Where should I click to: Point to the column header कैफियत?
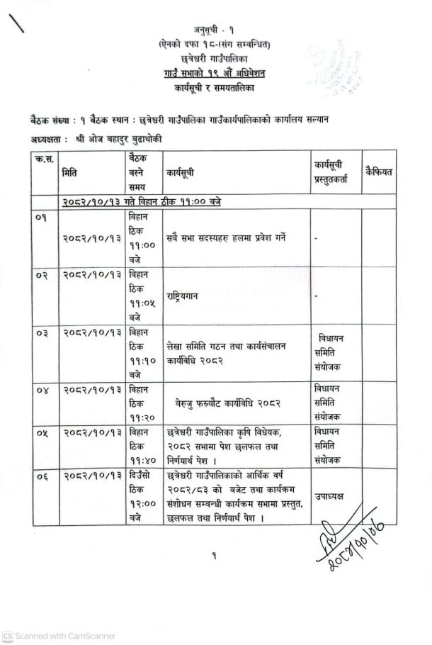pos(379,172)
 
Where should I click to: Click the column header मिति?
pos(70,172)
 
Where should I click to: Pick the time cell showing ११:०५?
pos(143,296)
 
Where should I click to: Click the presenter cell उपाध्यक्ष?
pos(330,497)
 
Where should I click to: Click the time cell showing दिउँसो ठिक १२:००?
pos(143,496)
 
